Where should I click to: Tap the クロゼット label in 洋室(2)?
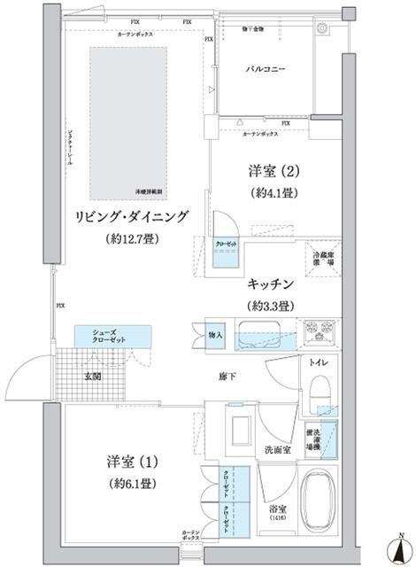point(225,243)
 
